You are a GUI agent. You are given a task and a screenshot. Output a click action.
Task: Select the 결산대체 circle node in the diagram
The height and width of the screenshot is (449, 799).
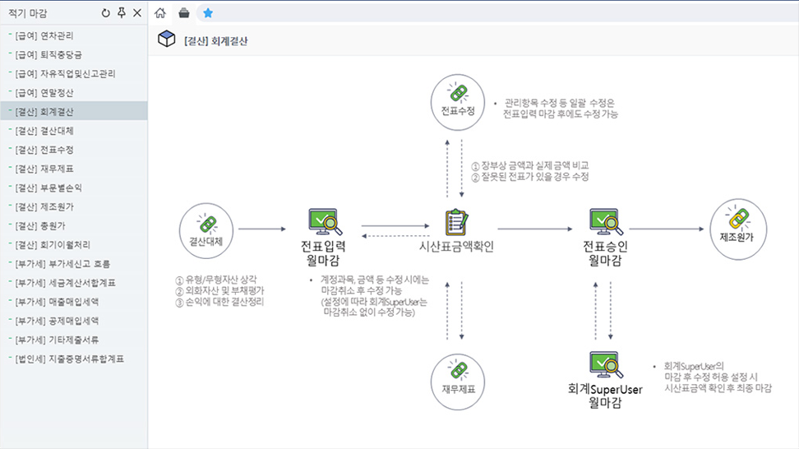click(206, 231)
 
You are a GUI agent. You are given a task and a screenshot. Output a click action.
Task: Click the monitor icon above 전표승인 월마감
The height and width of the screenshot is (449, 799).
click(604, 222)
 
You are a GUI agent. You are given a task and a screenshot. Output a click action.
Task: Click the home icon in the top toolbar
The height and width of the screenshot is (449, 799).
click(160, 13)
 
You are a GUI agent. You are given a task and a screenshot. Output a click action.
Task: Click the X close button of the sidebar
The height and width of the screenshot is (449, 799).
click(137, 13)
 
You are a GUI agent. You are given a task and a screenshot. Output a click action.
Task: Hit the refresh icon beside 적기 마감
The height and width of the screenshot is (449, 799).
click(105, 13)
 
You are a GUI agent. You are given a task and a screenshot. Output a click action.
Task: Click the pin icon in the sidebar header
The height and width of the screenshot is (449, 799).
click(122, 13)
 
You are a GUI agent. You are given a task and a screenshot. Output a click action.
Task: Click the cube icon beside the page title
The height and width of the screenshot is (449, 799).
click(167, 39)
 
